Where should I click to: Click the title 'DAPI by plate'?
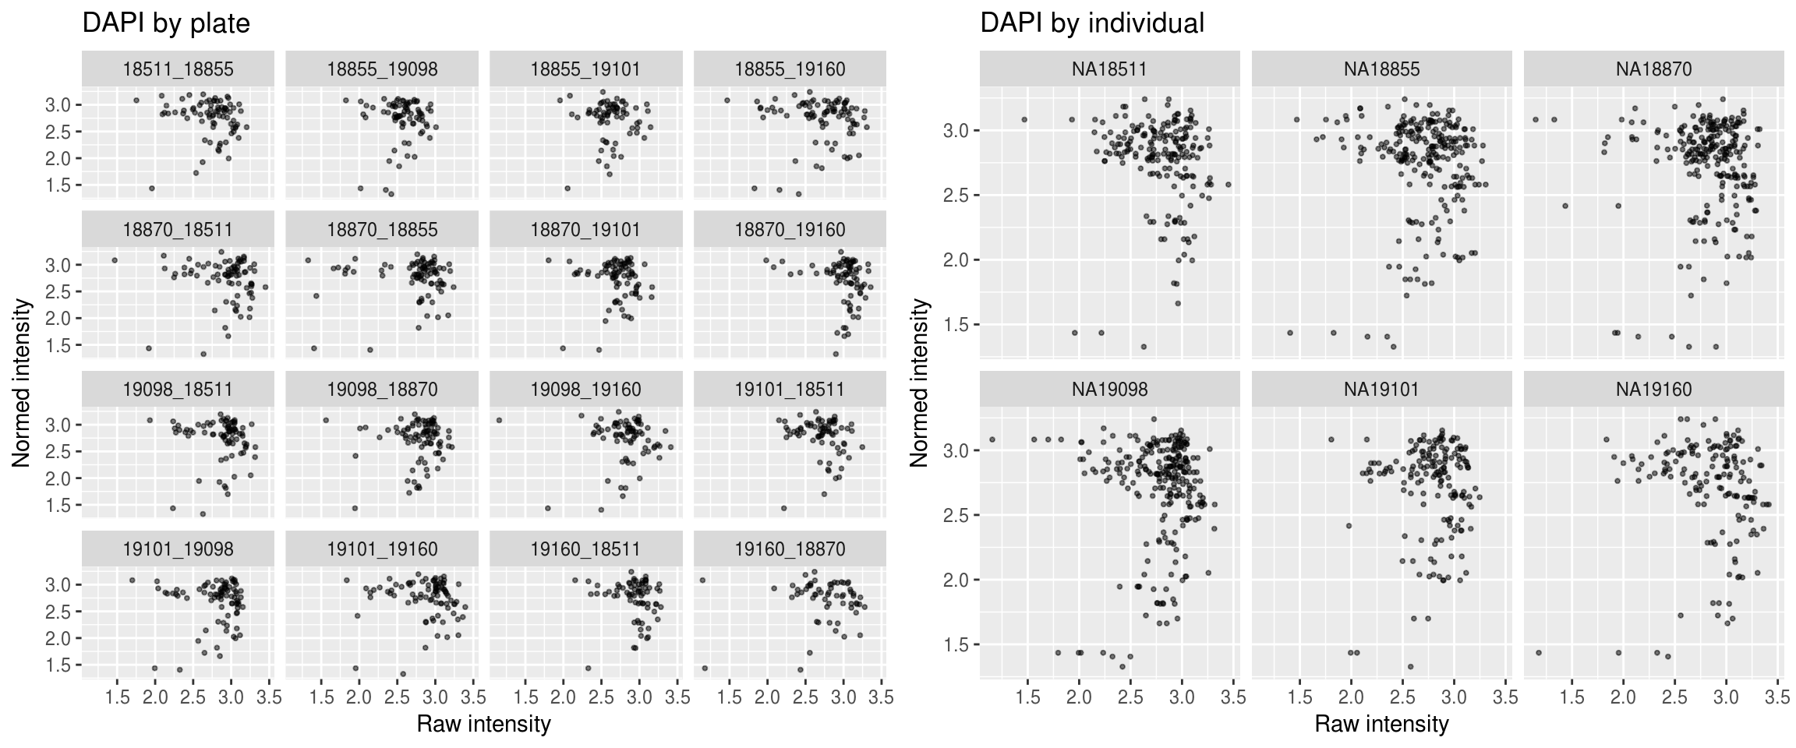166,24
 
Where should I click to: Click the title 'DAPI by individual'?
1092,24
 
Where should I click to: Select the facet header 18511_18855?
178,69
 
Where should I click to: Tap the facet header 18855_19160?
790,69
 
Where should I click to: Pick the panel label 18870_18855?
382,230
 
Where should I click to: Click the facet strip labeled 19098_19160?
585,389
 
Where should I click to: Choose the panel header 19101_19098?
178,549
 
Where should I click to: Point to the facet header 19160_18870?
790,549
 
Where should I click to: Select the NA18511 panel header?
1109,69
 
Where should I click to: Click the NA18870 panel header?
1653,69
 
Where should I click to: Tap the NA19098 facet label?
1109,389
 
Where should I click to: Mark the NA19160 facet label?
1653,389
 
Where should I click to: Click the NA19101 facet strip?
1381,389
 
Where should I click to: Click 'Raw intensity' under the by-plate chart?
483,724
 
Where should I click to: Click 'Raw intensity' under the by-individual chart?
1381,724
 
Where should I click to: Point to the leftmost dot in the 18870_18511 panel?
115,260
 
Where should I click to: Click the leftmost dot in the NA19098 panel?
992,439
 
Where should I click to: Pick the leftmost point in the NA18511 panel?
1024,119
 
